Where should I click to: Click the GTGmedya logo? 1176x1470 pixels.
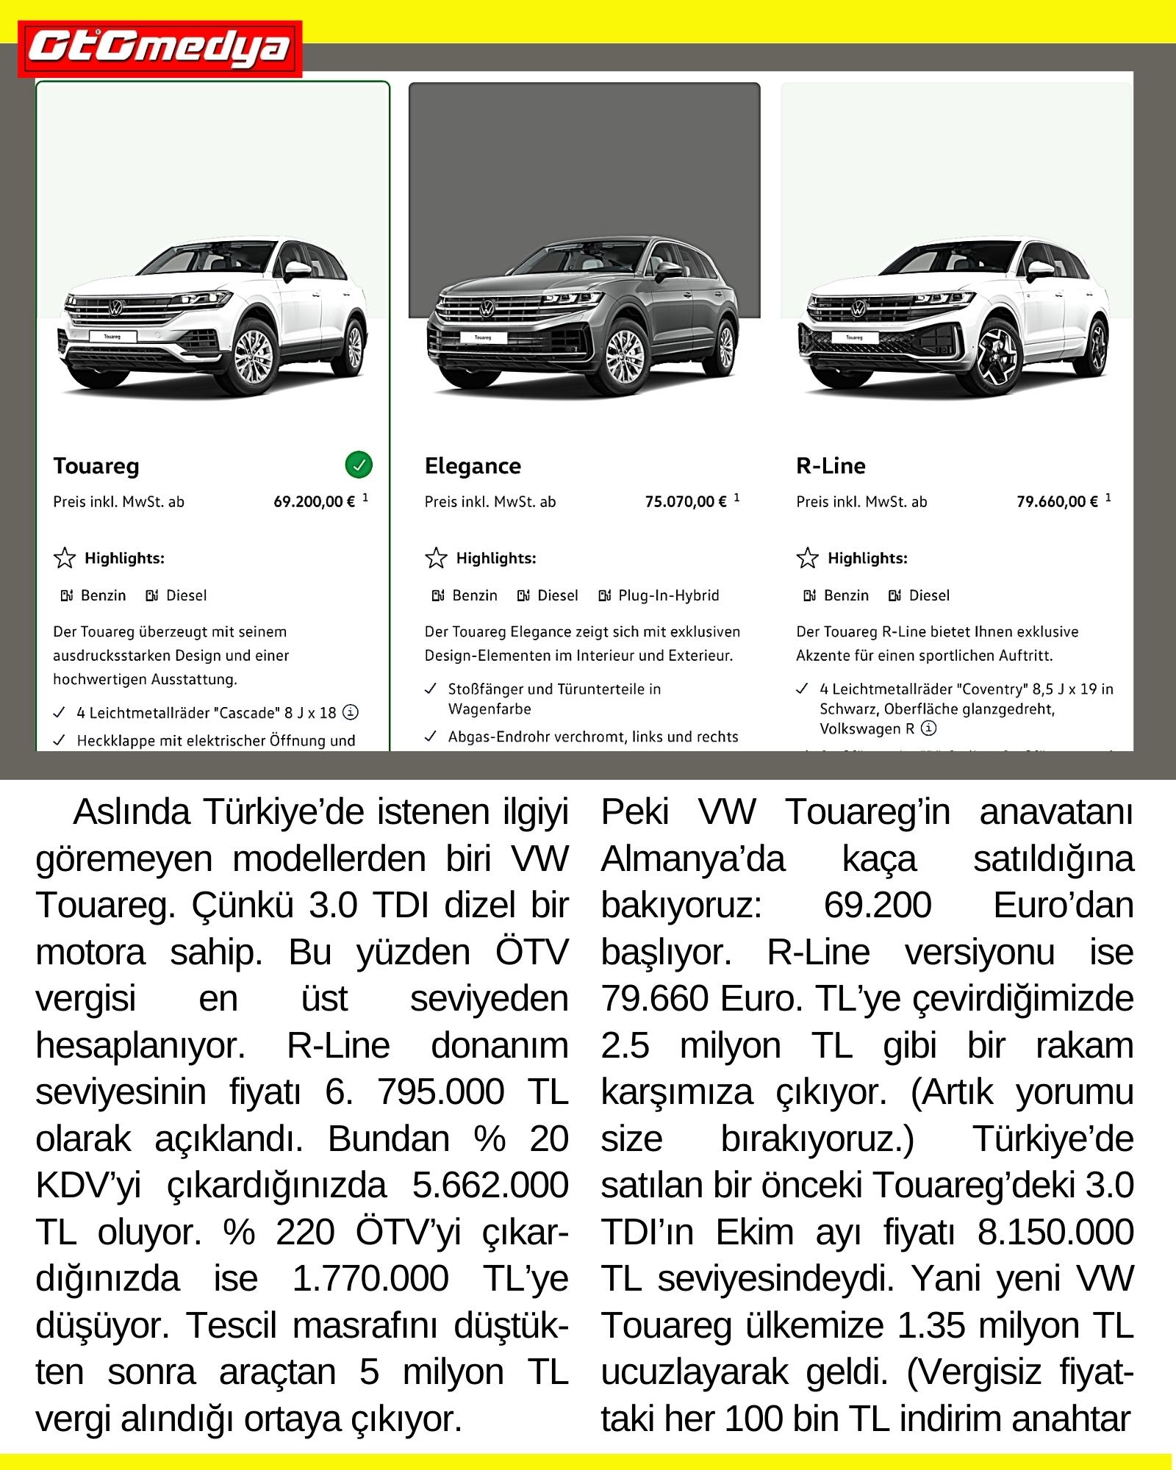click(x=159, y=49)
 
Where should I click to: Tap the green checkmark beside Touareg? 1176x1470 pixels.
click(x=359, y=465)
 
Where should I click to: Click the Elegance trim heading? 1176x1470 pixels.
click(x=473, y=466)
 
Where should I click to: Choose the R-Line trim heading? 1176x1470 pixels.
click(x=831, y=466)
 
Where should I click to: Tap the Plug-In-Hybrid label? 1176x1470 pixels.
click(x=668, y=595)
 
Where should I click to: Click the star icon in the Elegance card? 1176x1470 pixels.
click(x=437, y=559)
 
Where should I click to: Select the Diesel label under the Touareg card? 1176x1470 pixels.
click(x=186, y=595)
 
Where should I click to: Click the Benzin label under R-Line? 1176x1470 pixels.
click(x=845, y=595)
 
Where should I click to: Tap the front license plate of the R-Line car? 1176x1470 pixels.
click(x=854, y=337)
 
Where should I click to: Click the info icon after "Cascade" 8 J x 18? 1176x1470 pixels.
click(x=351, y=712)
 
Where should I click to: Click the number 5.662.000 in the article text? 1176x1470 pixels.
click(x=490, y=1185)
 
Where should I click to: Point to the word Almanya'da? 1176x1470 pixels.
click(x=692, y=858)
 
